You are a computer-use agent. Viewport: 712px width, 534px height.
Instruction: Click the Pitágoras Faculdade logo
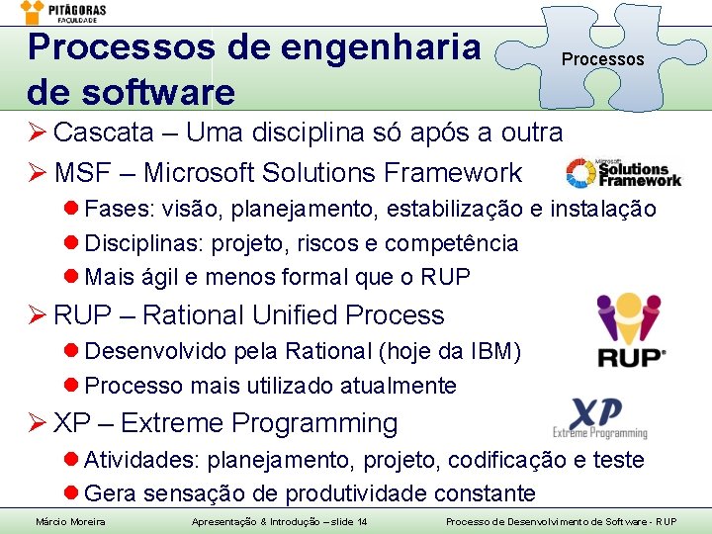(x=63, y=13)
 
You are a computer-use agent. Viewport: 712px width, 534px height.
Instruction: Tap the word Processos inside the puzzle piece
(x=602, y=59)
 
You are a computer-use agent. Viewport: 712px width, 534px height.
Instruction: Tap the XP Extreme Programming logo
(x=600, y=417)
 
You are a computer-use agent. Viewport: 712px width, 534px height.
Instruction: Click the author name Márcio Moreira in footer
(x=70, y=521)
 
